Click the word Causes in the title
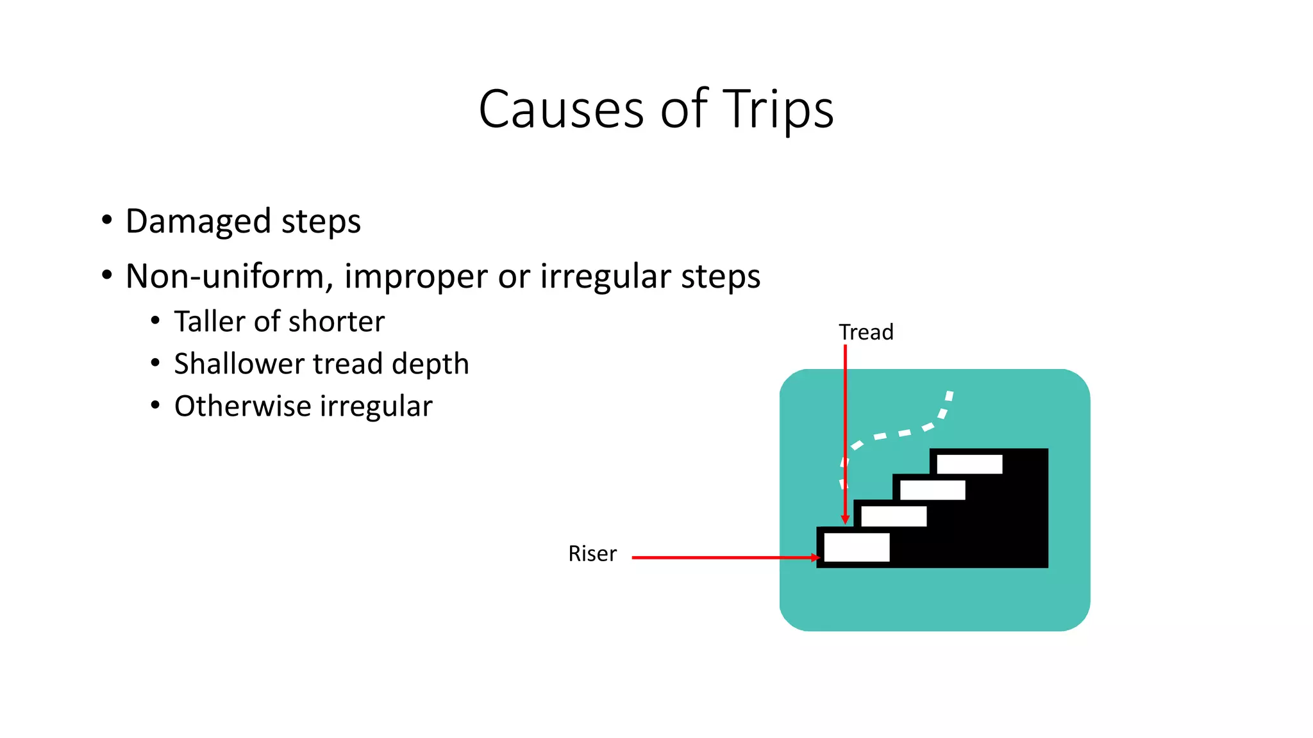[x=561, y=110]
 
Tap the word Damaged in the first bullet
[x=198, y=222]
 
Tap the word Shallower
[x=238, y=364]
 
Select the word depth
[x=430, y=364]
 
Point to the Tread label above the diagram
[x=866, y=332]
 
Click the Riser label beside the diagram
[x=592, y=553]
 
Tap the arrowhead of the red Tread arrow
[x=845, y=520]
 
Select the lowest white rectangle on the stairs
[x=857, y=548]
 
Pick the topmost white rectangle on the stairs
[x=969, y=464]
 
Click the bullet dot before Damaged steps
[x=107, y=220]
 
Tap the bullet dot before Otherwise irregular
[x=155, y=406]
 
